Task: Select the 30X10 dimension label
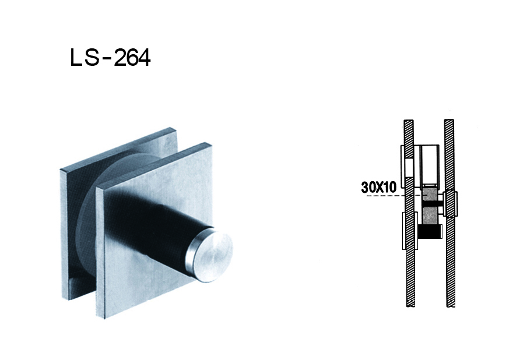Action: pos(378,187)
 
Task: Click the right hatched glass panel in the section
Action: pos(449,262)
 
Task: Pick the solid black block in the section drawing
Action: pos(430,232)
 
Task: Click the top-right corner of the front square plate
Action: pos(210,143)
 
